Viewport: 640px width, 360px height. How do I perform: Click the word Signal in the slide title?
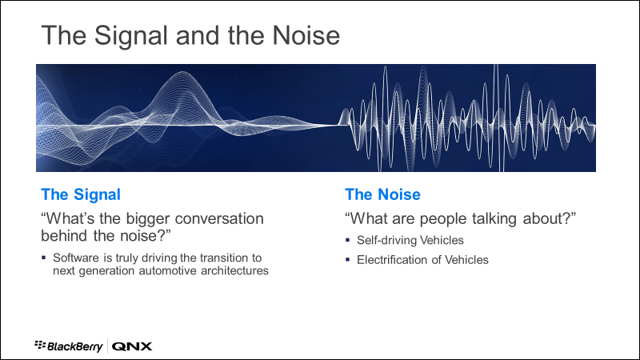pyautogui.click(x=131, y=36)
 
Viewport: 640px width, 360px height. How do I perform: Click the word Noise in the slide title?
pyautogui.click(x=306, y=35)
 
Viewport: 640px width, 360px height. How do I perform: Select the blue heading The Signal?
pyautogui.click(x=81, y=195)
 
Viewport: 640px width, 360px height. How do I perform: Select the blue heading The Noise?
pyautogui.click(x=382, y=194)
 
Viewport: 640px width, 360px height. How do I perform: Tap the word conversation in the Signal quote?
pyautogui.click(x=219, y=218)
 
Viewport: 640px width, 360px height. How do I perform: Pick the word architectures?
pyautogui.click(x=234, y=270)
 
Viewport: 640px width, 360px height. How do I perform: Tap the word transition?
pyautogui.click(x=223, y=258)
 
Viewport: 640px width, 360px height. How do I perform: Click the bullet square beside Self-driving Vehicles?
pyautogui.click(x=348, y=240)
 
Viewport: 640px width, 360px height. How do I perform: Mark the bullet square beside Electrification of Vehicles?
pyautogui.click(x=348, y=259)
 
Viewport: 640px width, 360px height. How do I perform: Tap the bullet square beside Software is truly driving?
pyautogui.click(x=44, y=258)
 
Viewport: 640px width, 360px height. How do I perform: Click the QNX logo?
pyautogui.click(x=132, y=346)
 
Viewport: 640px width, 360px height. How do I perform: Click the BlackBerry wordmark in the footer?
pyautogui.click(x=74, y=347)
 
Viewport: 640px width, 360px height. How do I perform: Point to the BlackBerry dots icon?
pyautogui.click(x=40, y=345)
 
